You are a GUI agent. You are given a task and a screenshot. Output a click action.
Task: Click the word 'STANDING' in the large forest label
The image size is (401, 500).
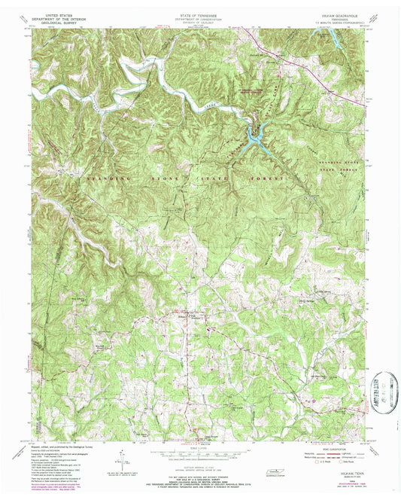pos(107,178)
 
